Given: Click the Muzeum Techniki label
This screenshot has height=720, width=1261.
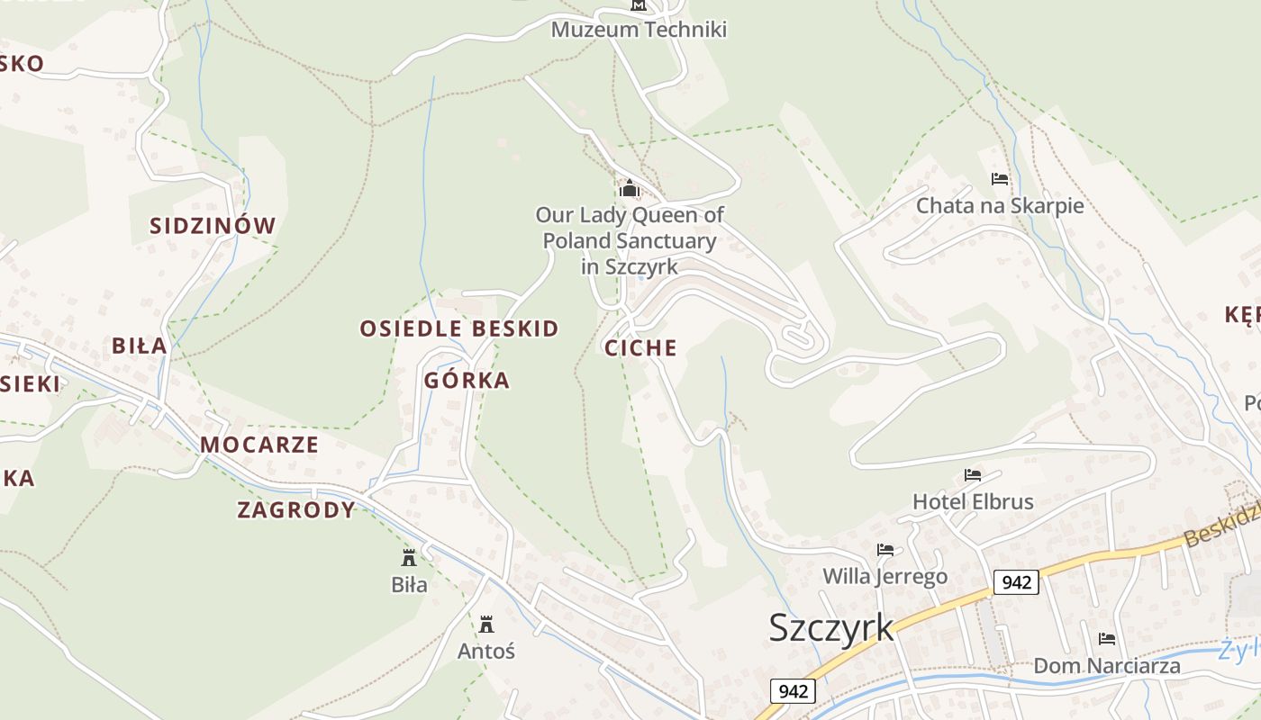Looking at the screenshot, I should [x=639, y=30].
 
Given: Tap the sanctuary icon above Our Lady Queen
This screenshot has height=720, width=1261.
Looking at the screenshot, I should [x=629, y=189].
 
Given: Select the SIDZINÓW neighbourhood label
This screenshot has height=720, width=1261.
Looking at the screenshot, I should [x=213, y=226].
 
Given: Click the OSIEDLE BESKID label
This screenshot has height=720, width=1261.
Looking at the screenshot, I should [x=459, y=328].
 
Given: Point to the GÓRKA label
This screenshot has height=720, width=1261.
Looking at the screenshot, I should [x=467, y=381].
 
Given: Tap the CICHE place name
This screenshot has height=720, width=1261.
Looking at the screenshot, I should [x=640, y=348].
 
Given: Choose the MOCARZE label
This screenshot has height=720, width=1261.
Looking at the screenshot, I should [x=259, y=445].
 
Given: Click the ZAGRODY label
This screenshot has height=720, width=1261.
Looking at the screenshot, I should [x=296, y=510].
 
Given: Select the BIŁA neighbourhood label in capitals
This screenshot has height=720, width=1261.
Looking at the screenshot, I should [x=140, y=346].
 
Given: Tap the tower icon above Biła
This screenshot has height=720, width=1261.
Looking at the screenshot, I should [x=409, y=557].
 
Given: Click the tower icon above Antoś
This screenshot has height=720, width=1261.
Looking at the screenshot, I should [x=486, y=624].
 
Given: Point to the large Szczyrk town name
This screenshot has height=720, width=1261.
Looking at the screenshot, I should [x=831, y=627].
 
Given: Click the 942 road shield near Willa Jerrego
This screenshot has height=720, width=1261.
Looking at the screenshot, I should [x=1016, y=582].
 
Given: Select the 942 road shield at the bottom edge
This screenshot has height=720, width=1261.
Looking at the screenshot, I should [x=793, y=691].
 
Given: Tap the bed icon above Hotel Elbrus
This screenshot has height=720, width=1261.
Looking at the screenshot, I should [x=973, y=474].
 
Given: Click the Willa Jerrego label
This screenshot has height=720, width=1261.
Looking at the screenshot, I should [x=885, y=576].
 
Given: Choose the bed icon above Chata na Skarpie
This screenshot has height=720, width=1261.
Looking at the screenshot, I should [x=1000, y=178].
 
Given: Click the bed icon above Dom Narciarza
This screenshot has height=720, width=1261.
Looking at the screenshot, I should [x=1107, y=639].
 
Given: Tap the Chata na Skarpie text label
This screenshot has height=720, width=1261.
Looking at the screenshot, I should [x=1000, y=206].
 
